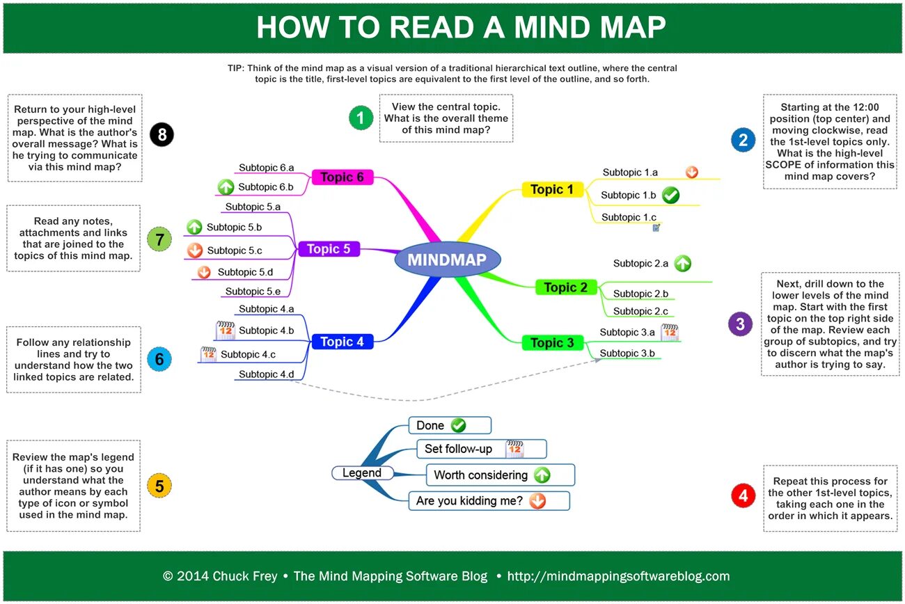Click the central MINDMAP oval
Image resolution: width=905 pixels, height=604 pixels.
448,260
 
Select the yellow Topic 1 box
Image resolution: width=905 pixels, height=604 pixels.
552,189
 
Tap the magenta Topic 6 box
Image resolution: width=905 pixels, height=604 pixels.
342,177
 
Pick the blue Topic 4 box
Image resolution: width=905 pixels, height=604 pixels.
342,342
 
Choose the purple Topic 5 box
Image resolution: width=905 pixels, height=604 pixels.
329,249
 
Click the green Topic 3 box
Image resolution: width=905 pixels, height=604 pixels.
552,342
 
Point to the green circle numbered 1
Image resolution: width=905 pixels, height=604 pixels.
361,118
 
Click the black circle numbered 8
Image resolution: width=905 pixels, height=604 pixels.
162,134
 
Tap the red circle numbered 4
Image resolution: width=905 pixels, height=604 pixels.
743,495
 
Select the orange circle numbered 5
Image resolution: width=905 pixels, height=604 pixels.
159,486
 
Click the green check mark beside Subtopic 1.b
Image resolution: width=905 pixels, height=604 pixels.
670,196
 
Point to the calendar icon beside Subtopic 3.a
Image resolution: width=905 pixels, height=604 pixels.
669,332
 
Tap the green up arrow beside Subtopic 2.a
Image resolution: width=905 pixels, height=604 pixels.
682,263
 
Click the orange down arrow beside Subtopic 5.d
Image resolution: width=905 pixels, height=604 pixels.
204,272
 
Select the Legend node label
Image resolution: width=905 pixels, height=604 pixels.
362,473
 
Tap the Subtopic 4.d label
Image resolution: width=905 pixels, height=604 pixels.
267,374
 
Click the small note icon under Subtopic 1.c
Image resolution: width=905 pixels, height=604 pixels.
656,227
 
